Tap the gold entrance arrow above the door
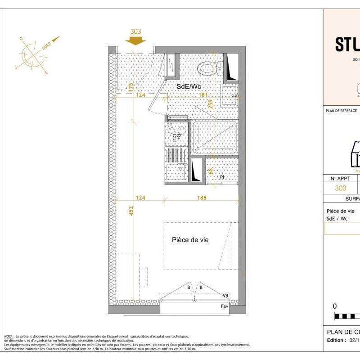point(135,40)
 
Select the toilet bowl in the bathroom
point(208,68)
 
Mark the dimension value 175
point(131,87)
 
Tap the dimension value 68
point(210,171)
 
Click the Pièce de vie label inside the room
point(190,240)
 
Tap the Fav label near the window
point(225,306)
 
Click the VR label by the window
point(226,296)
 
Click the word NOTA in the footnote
point(8,336)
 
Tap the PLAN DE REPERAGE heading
point(341,111)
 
